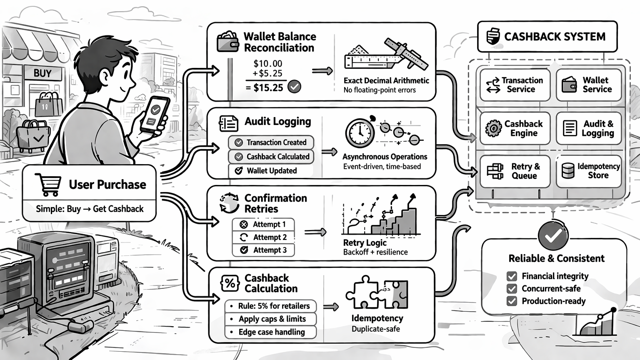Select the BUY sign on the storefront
(42, 73)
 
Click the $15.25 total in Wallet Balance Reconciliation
(268, 87)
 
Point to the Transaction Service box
(515, 85)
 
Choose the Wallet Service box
(589, 85)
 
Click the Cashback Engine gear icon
(494, 128)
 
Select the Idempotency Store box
(589, 171)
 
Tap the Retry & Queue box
(515, 171)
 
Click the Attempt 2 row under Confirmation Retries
(263, 237)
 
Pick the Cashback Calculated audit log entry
(271, 157)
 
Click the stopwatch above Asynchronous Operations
(360, 133)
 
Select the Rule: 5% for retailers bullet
(271, 306)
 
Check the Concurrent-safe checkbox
(512, 289)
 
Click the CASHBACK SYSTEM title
(547, 37)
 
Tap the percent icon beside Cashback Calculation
(230, 283)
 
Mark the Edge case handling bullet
(271, 332)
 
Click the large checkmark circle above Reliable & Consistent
(553, 236)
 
